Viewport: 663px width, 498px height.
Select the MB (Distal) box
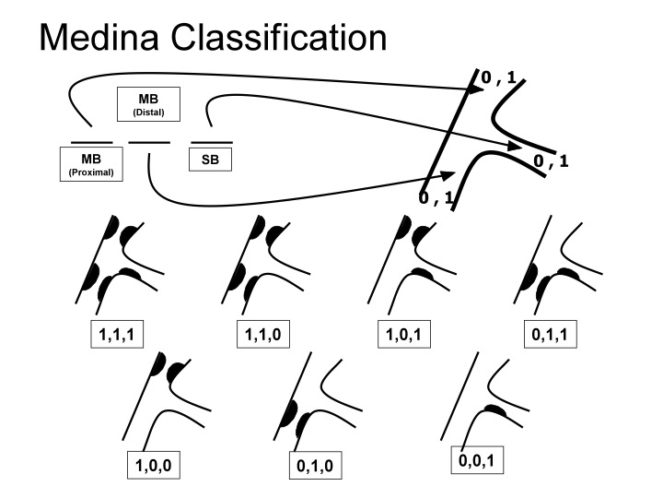(147, 104)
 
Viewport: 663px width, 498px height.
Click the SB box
(211, 160)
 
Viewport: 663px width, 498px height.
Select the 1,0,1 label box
(407, 337)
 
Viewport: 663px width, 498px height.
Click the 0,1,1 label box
(554, 337)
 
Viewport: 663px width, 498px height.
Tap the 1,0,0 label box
(154, 467)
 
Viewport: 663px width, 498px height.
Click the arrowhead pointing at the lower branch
(448, 174)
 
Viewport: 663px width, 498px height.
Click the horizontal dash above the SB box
(211, 142)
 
